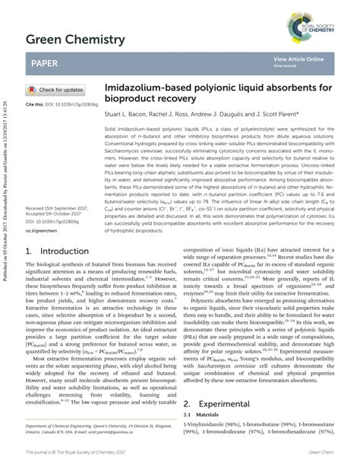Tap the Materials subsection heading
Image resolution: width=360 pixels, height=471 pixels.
(x=204, y=416)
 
